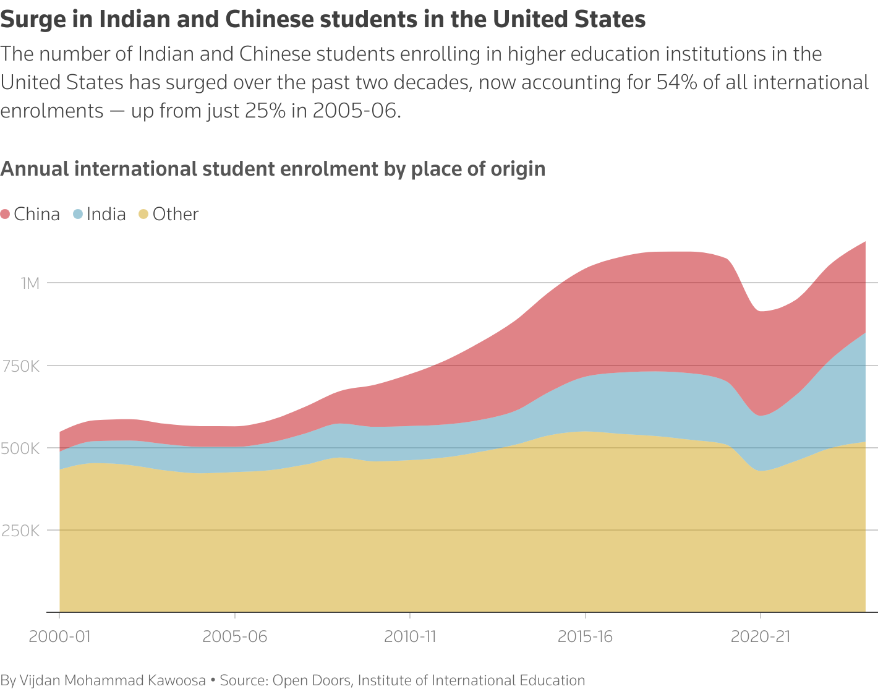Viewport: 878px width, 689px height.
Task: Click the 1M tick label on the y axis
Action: coord(30,283)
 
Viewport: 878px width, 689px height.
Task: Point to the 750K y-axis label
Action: coord(21,366)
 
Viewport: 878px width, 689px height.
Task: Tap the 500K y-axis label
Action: coord(21,448)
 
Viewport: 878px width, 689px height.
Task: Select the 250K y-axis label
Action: coord(21,531)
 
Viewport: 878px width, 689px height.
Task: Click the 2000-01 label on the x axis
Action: coord(59,636)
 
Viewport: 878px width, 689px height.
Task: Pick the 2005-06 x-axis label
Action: coord(235,636)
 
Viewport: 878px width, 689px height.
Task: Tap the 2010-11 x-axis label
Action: coord(410,636)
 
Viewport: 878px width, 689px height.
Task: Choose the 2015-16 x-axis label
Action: coord(585,636)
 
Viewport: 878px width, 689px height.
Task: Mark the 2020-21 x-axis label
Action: coord(761,636)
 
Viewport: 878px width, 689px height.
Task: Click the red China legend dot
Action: coord(6,215)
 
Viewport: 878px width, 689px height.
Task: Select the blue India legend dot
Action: coord(78,215)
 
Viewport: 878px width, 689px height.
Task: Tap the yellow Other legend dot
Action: coord(143,215)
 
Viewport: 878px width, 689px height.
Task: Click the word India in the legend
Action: coord(106,215)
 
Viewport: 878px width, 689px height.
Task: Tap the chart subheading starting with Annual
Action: coord(273,169)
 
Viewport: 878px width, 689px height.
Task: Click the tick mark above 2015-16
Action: coord(585,616)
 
